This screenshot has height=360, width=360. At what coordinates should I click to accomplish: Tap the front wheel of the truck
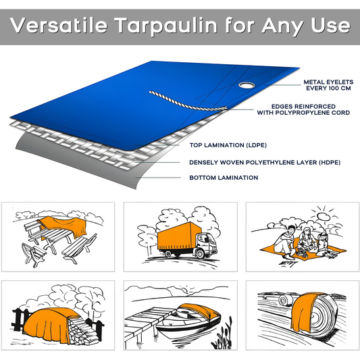(x=201, y=254)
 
